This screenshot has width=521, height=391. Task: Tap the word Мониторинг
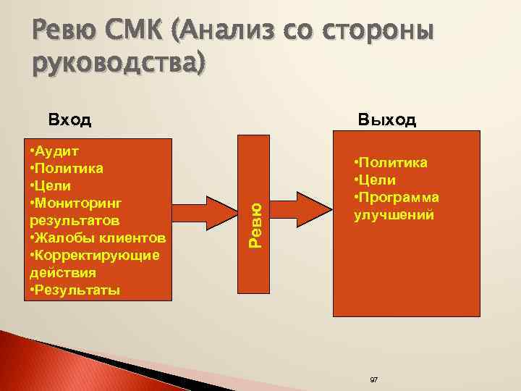click(x=80, y=203)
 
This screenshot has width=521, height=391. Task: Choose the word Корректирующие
click(x=101, y=256)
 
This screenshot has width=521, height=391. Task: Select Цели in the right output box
click(x=378, y=180)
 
